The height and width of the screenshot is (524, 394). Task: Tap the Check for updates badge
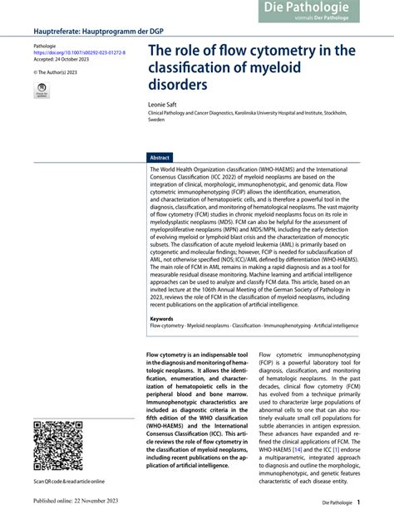pyautogui.click(x=42, y=92)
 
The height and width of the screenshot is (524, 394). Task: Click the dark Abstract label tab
pyautogui.click(x=160, y=157)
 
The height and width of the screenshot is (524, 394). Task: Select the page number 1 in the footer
pyautogui.click(x=358, y=502)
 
